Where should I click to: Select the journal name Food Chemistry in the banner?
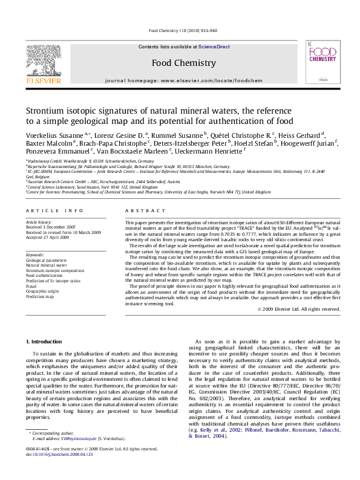point(183,62)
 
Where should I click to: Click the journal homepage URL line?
point(183,80)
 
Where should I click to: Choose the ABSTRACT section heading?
point(139,210)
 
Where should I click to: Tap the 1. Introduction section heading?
point(45,342)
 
